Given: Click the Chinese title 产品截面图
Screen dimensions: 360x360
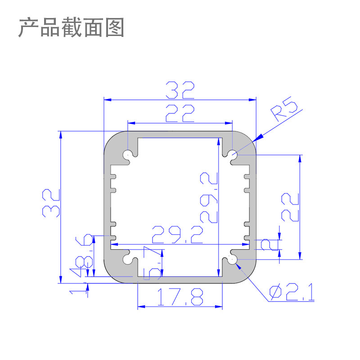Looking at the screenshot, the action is (71, 28).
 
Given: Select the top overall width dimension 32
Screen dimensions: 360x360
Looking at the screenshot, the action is (180, 90).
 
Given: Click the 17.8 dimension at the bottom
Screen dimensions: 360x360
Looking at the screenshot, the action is (180, 297).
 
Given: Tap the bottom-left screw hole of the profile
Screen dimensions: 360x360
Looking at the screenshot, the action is (128, 259).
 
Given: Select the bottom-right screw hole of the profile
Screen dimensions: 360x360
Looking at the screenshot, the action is (232, 259).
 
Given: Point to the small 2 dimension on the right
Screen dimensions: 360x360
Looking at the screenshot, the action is (266, 244).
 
